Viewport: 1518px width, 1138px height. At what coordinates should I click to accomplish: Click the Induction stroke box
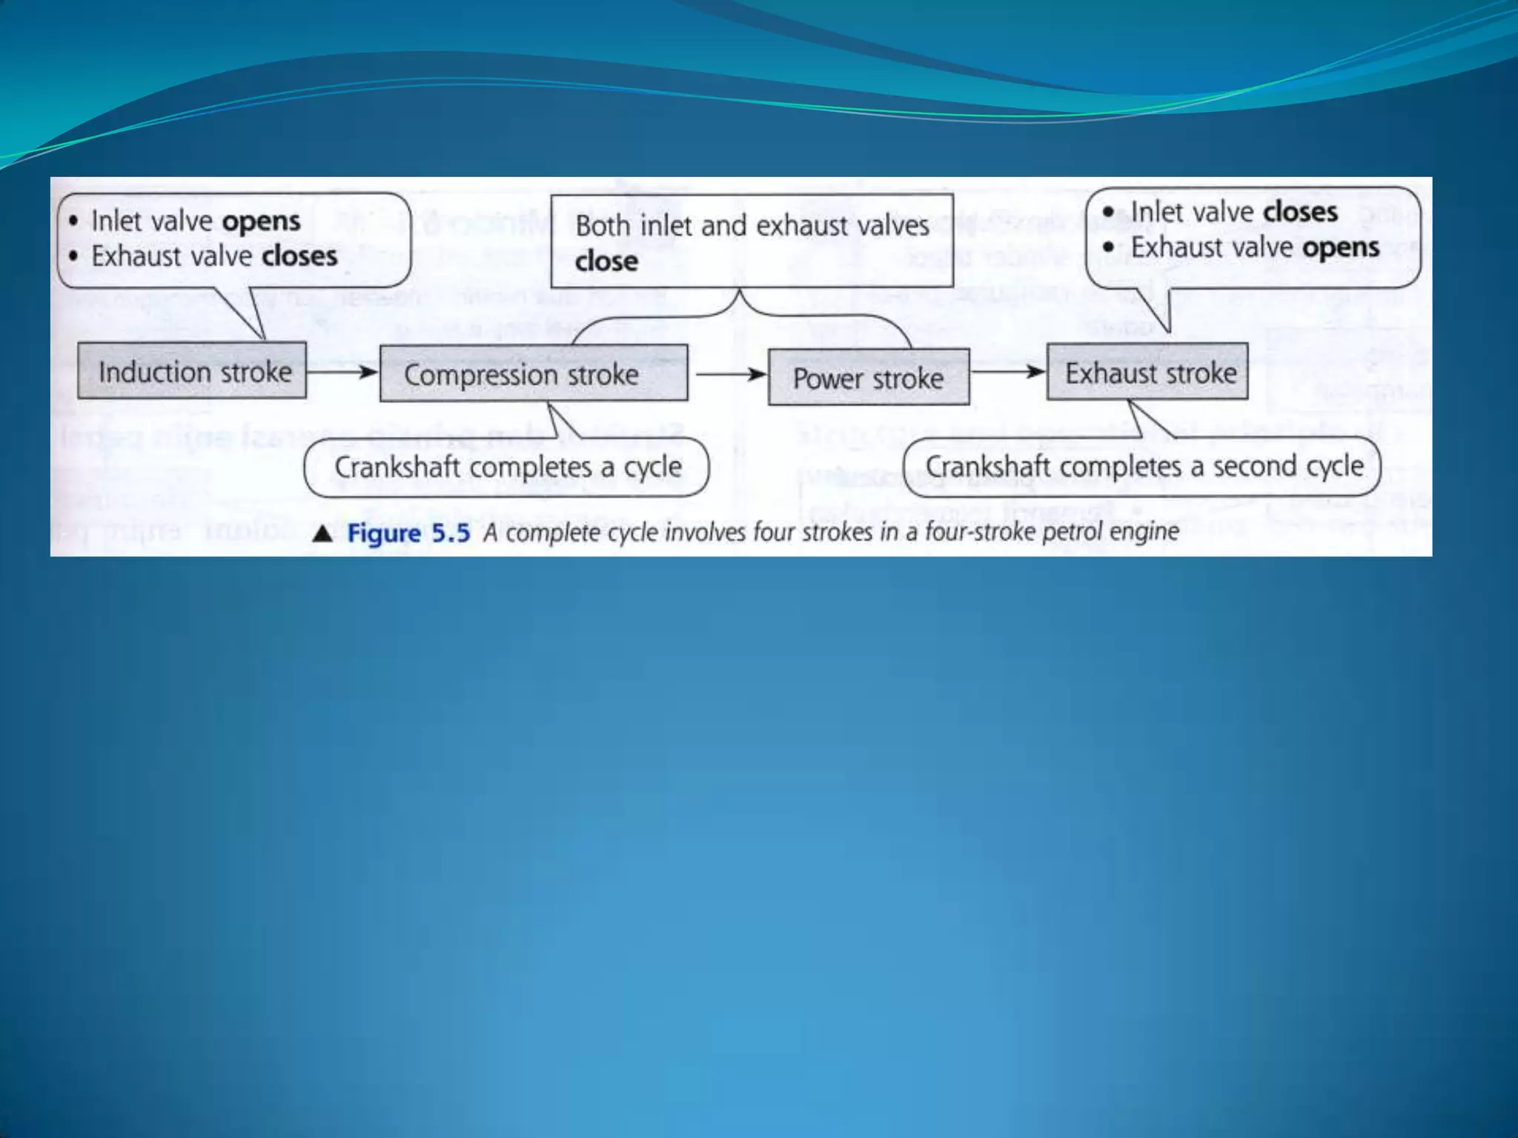coord(192,371)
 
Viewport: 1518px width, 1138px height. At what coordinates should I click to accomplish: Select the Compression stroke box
coord(534,374)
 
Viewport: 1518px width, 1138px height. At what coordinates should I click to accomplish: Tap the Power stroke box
coord(869,378)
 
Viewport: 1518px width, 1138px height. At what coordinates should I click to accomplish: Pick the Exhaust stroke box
coord(1147,373)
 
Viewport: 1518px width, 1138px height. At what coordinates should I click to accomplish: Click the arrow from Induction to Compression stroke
coord(342,371)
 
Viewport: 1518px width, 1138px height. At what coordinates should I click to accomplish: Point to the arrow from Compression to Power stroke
coord(729,374)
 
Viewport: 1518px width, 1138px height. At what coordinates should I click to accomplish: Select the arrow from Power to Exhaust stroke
coord(1008,371)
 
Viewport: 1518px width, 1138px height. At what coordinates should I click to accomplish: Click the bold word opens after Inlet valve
coord(262,222)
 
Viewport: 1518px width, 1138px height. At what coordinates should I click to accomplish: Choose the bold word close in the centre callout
coord(606,261)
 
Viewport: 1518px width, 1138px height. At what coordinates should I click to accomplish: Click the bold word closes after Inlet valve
coord(1300,212)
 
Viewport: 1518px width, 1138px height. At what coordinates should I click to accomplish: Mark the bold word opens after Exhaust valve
coord(1341,247)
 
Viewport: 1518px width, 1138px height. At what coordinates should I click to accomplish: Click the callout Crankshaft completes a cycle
coord(507,467)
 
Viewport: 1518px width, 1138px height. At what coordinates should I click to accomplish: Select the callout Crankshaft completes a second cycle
coord(1143,467)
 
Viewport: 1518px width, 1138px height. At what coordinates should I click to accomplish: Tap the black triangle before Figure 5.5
coord(322,533)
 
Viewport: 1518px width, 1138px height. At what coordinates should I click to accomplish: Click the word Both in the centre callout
coord(603,225)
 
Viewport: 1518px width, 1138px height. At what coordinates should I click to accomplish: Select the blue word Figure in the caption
coord(384,533)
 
